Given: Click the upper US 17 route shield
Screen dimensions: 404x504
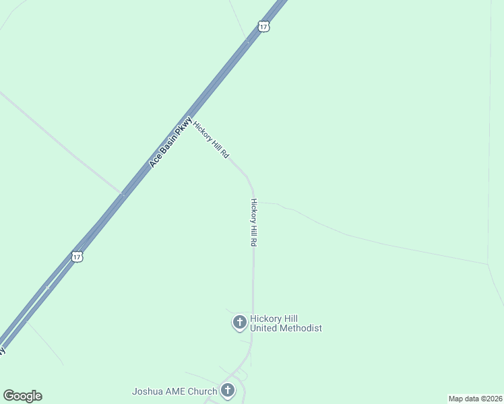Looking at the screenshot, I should coord(264,26).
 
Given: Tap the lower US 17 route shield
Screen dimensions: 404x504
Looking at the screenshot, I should coord(77,257).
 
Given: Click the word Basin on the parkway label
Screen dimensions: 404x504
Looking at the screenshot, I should coord(168,143).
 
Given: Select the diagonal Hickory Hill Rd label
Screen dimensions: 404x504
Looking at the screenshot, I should coord(211,139).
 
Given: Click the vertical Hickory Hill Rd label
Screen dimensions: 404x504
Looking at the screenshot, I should coord(254,222).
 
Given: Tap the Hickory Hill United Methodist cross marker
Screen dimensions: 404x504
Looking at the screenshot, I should coord(239,323).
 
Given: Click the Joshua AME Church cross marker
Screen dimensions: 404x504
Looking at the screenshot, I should coord(228,391).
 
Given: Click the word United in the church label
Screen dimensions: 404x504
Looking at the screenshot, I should coord(262,329).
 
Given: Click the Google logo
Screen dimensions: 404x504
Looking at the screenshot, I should coord(22,396).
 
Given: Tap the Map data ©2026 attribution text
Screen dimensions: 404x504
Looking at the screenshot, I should coord(475,399).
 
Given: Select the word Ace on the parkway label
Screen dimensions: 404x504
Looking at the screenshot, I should coord(154,162).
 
